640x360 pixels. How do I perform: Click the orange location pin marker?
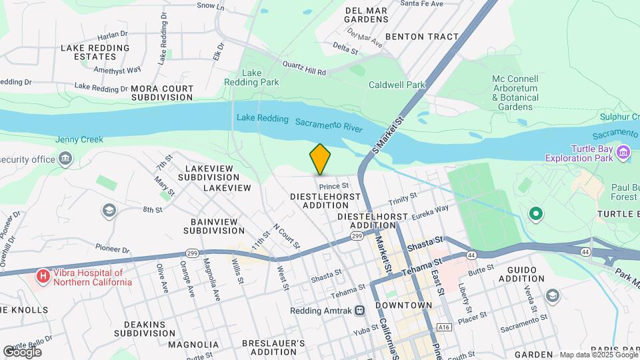pyautogui.click(x=320, y=159)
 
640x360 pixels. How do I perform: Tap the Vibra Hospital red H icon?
pyautogui.click(x=43, y=275)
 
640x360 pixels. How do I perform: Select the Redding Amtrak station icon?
pyautogui.click(x=360, y=311)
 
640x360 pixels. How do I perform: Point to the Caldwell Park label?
pyautogui.click(x=397, y=85)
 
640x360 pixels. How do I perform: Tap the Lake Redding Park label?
pyautogui.click(x=260, y=77)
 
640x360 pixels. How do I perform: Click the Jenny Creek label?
pyautogui.click(x=79, y=139)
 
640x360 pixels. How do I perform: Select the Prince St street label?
pyautogui.click(x=333, y=186)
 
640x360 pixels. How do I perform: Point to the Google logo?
pyautogui.click(x=22, y=351)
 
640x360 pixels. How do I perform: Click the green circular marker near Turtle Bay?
pyautogui.click(x=534, y=214)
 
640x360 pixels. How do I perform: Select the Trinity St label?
pyautogui.click(x=403, y=198)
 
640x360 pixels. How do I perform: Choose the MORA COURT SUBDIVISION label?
pyautogui.click(x=162, y=93)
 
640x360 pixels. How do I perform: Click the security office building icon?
pyautogui.click(x=65, y=159)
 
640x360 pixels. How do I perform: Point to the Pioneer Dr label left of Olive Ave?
pyautogui.click(x=111, y=247)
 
